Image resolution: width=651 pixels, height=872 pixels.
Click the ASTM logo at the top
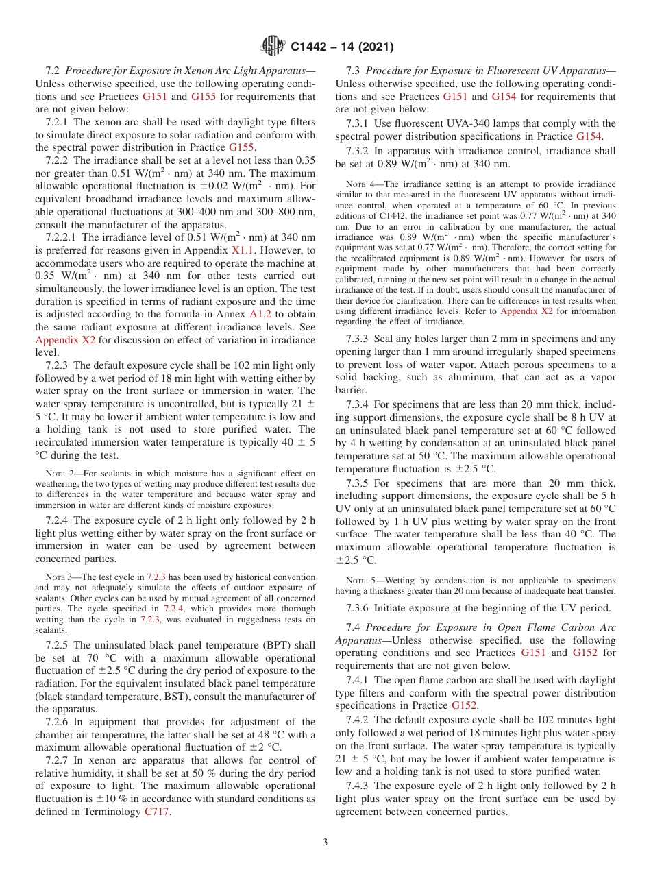(273, 47)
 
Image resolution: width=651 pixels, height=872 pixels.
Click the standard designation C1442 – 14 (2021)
(342, 47)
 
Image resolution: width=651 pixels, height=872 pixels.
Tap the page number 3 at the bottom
(325, 842)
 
